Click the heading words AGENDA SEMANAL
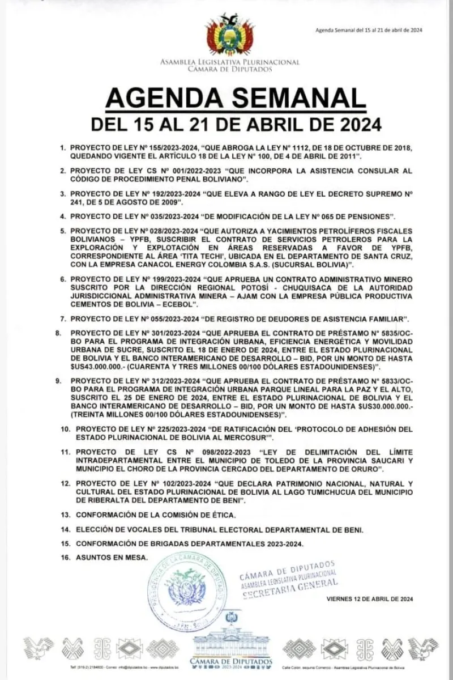[x=235, y=98]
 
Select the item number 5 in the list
[x=63, y=231]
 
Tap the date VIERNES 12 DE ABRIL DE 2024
[x=369, y=599]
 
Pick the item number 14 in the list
[x=65, y=529]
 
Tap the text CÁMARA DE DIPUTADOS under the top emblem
[x=229, y=69]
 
